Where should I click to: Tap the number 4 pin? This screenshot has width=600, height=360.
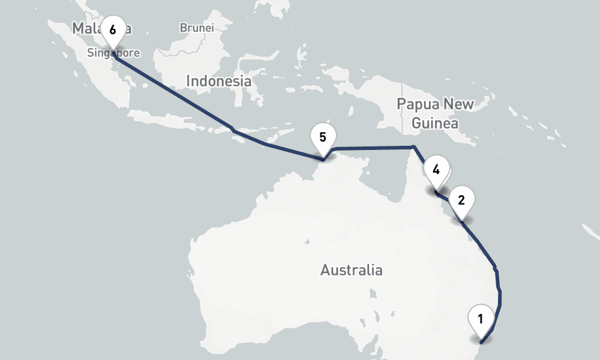click(436, 170)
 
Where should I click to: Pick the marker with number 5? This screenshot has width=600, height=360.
click(323, 137)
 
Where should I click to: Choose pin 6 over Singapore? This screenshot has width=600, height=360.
click(113, 29)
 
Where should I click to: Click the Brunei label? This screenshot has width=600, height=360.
click(196, 28)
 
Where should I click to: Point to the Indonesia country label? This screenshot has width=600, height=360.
click(218, 81)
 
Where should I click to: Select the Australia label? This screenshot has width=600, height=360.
click(351, 270)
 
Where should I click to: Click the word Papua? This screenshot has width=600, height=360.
click(418, 104)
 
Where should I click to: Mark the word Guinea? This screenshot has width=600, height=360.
click(435, 124)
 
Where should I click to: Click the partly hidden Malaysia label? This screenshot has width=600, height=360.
click(84, 28)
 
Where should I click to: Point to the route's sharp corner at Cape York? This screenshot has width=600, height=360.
click(413, 147)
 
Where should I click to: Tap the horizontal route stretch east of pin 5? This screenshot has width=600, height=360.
click(372, 148)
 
